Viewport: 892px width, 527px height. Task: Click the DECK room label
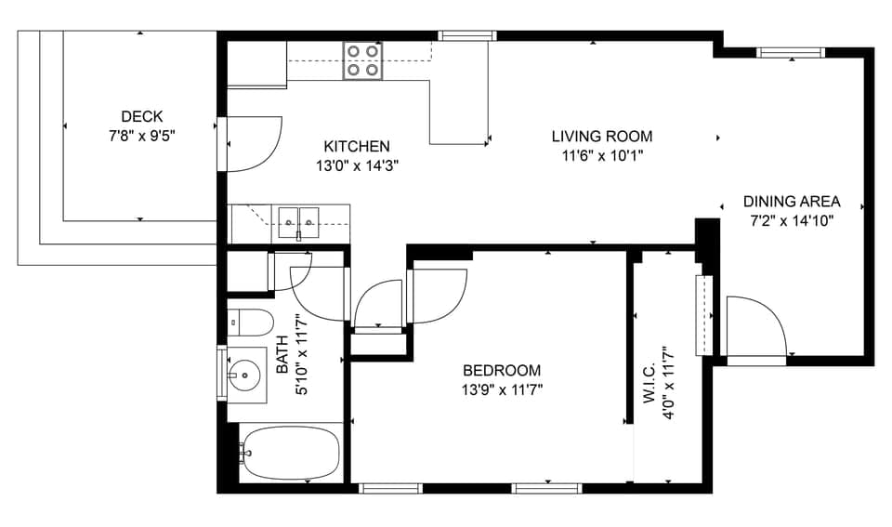141,116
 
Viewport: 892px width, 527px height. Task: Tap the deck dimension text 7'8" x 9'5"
141,135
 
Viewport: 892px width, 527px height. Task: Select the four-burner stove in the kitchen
362,60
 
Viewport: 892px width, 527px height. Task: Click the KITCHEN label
356,146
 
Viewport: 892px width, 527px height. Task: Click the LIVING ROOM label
602,137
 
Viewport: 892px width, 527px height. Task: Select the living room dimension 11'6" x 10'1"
602,155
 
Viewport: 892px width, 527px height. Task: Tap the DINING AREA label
791,202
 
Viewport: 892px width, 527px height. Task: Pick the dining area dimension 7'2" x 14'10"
791,221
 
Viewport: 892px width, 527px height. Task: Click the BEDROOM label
502,370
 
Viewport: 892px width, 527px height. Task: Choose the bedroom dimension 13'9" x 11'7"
502,389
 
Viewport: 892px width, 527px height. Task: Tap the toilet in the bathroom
251,322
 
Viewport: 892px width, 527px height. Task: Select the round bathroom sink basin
245,376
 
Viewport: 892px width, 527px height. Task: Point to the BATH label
282,361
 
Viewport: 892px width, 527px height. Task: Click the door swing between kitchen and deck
251,144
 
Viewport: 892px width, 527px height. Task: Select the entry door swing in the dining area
754,325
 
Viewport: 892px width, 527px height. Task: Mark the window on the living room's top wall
467,36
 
